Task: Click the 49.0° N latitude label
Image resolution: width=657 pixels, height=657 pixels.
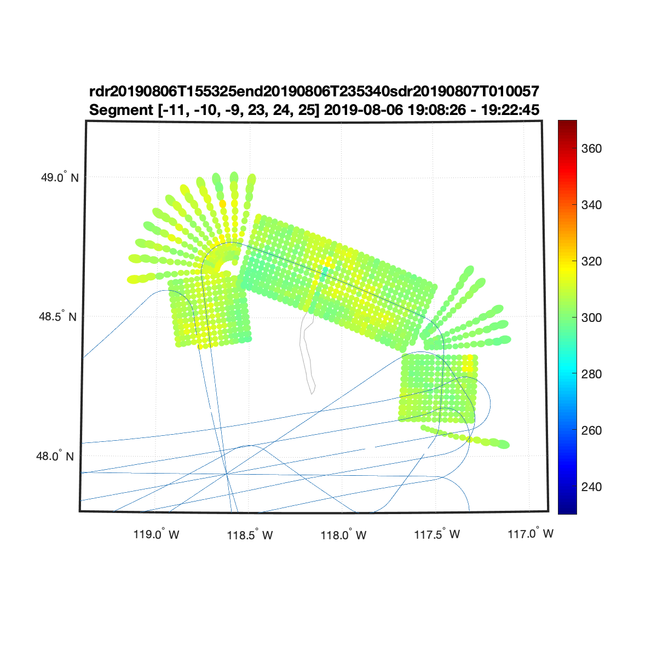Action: click(60, 177)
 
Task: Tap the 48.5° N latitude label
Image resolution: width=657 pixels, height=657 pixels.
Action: click(57, 316)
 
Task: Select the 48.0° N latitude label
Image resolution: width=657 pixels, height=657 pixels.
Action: click(55, 456)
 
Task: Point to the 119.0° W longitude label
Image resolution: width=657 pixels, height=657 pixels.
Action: click(156, 534)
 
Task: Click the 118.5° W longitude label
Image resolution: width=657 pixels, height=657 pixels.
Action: click(250, 534)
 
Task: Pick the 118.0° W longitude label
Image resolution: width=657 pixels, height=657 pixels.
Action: click(343, 534)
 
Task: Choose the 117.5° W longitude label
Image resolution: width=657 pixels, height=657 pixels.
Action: click(437, 534)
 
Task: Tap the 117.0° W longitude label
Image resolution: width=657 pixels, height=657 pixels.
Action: click(531, 533)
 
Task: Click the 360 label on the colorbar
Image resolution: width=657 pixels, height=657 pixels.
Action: click(591, 149)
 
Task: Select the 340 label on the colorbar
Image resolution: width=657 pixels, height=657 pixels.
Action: click(591, 205)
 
